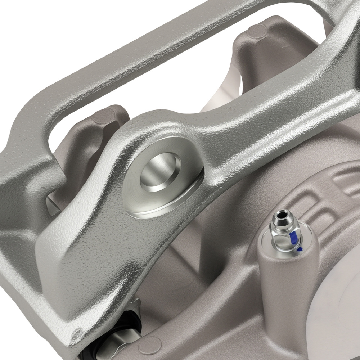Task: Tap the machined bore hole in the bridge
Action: click(x=160, y=169)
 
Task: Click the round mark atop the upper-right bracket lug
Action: click(x=257, y=31)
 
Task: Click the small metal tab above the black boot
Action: click(x=135, y=304)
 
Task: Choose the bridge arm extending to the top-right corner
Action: click(x=324, y=54)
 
